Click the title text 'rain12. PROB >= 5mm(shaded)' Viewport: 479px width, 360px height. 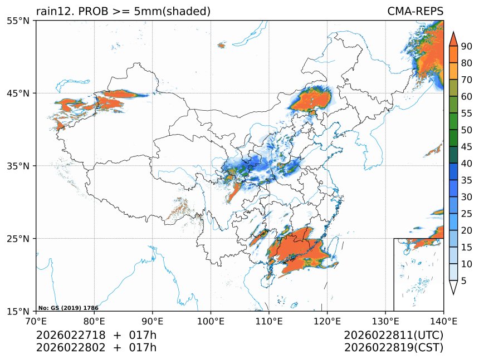pyautogui.click(x=123, y=11)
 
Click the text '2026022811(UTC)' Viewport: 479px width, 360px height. pyautogui.click(x=393, y=336)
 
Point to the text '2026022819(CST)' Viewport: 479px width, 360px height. pyautogui.click(x=393, y=348)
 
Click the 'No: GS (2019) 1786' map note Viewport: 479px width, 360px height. pyautogui.click(x=60, y=308)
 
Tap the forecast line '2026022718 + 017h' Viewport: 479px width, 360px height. pyautogui.click(x=96, y=336)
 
